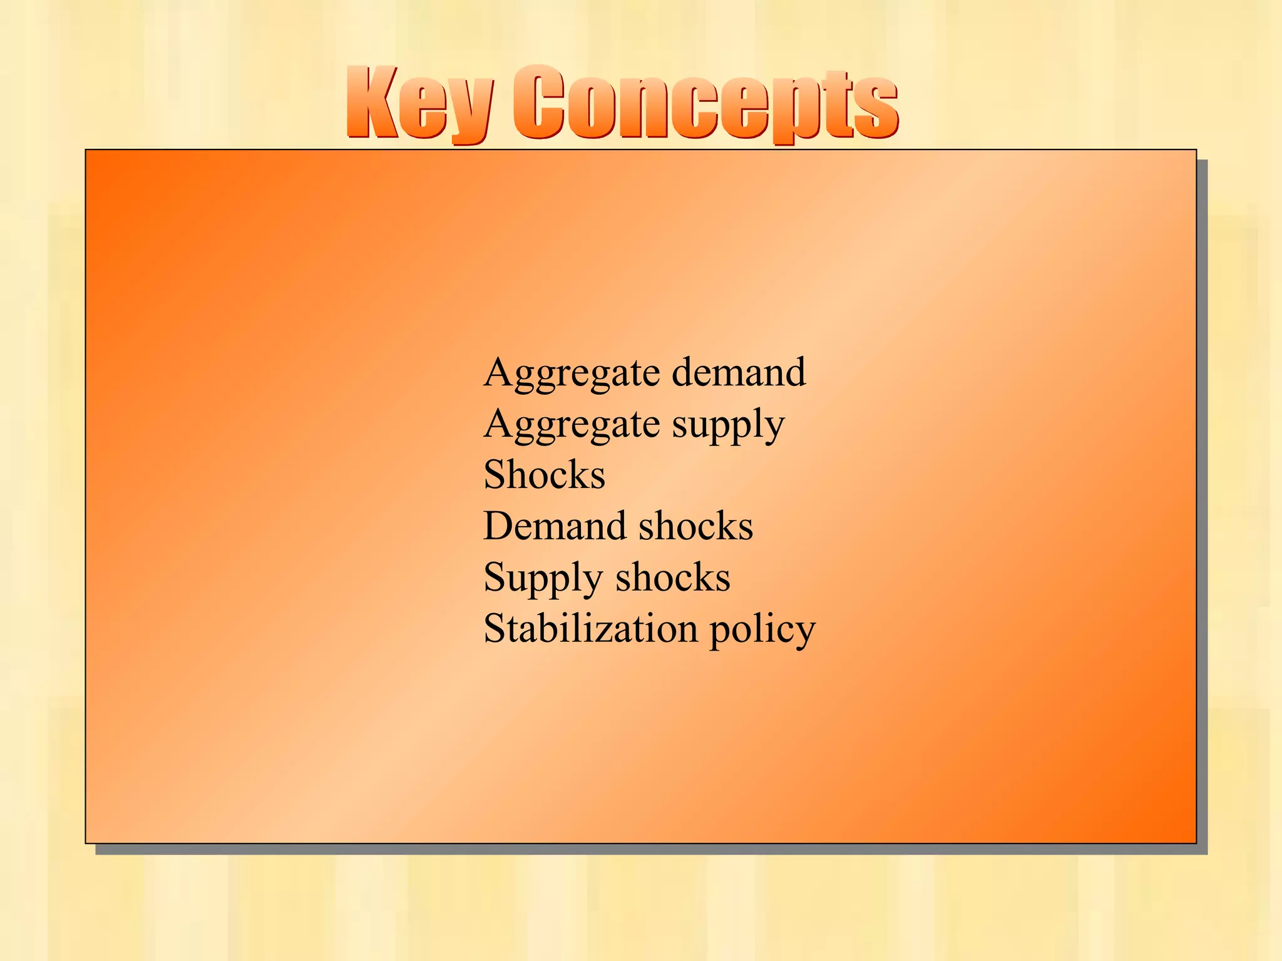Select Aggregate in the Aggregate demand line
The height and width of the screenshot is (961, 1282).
click(x=572, y=374)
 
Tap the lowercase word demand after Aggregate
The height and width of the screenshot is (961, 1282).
click(x=739, y=372)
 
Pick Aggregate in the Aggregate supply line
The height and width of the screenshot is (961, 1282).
click(x=572, y=425)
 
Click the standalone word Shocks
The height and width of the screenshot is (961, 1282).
click(x=544, y=475)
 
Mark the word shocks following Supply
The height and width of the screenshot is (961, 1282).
click(x=673, y=577)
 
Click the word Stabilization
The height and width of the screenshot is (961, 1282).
click(x=590, y=629)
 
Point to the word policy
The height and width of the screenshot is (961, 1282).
click(x=762, y=631)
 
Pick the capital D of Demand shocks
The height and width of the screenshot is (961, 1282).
click(x=499, y=526)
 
